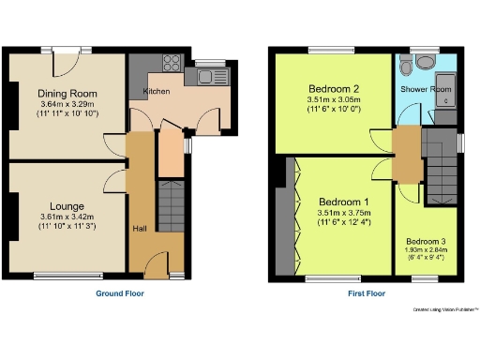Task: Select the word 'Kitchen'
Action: coord(156,91)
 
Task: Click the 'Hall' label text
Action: coord(139,228)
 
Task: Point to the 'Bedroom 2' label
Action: coord(333,89)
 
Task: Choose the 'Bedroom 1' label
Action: coord(344,202)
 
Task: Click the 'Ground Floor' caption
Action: coord(120,293)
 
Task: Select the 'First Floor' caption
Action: coord(363,293)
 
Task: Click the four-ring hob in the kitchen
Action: coord(172,65)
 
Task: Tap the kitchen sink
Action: coord(203,75)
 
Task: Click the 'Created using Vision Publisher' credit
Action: coord(445,308)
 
